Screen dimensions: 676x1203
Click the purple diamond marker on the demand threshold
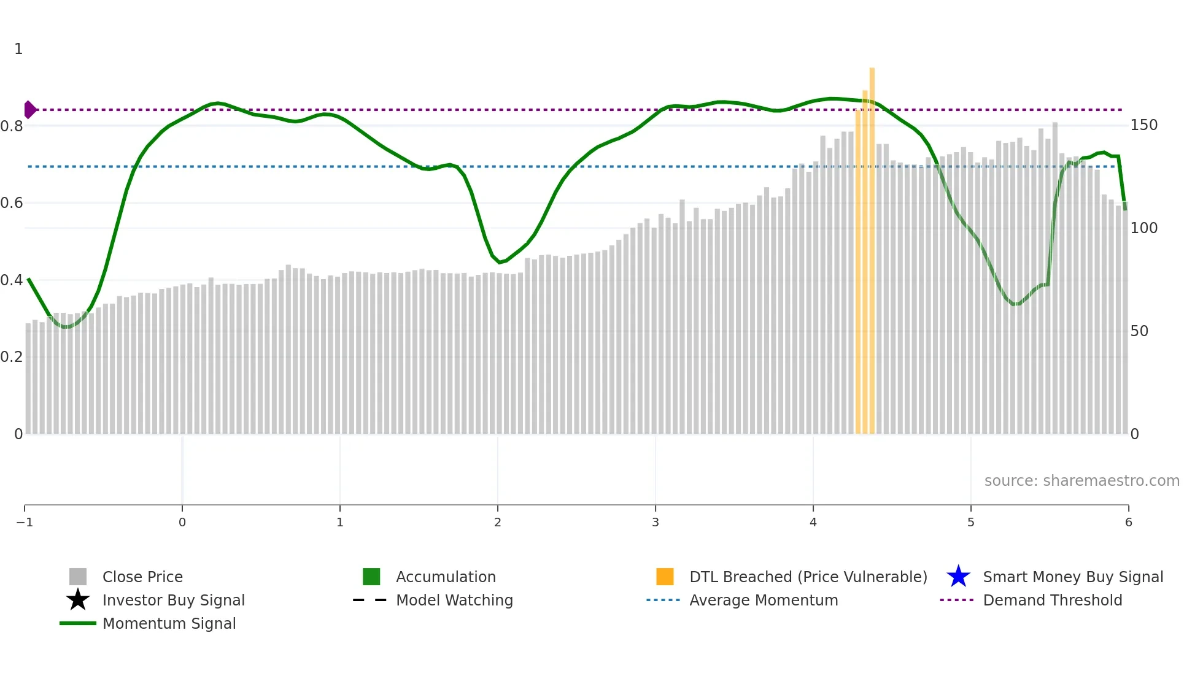coord(29,110)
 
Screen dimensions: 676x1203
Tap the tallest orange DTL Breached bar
coord(872,245)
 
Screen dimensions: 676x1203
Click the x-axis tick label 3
coord(656,523)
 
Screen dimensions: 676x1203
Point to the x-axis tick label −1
coord(25,523)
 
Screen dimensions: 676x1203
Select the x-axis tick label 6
coord(1128,523)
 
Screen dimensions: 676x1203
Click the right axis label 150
coord(1143,125)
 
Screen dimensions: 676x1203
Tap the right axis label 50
coord(1139,331)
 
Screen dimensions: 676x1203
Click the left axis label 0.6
coord(12,203)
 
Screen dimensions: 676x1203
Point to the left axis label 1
coord(18,49)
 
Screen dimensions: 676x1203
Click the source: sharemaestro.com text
coord(1081,481)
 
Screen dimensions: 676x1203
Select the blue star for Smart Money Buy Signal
coord(958,577)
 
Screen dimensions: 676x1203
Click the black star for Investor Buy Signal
coord(78,600)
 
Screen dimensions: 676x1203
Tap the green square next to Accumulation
coord(371,577)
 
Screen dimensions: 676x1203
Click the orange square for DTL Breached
coord(665,577)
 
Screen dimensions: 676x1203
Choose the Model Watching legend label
coord(454,600)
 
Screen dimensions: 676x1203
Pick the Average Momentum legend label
coord(764,600)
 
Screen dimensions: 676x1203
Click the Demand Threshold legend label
coord(1052,600)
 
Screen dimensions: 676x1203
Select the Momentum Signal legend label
coord(169,623)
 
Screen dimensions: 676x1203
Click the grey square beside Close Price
coord(78,577)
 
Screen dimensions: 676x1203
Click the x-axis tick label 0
coord(182,523)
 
